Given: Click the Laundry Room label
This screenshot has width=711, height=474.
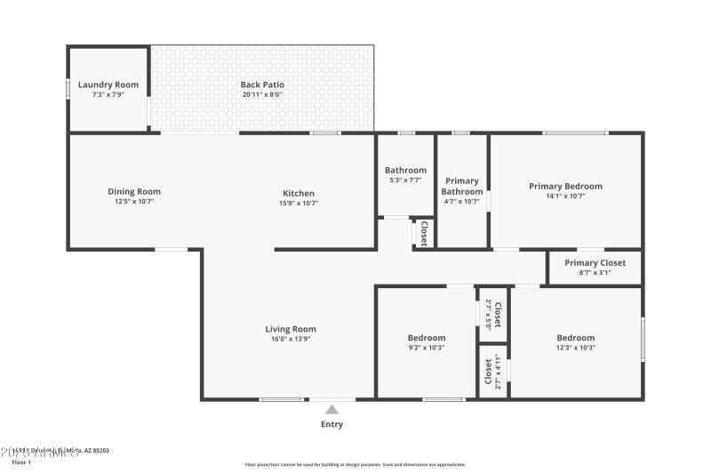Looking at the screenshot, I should tap(108, 85).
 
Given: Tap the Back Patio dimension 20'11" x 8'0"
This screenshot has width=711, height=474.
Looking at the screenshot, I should tap(262, 94).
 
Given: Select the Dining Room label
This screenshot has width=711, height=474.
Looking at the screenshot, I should tap(134, 191).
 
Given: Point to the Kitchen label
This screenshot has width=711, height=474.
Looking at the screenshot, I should tap(299, 193).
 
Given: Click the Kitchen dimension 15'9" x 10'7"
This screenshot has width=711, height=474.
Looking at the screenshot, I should tap(299, 203).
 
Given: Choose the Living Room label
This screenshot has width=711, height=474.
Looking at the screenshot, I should tap(291, 329).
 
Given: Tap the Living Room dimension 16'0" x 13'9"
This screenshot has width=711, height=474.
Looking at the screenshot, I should tap(291, 339).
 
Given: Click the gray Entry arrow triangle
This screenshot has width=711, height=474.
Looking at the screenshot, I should tap(332, 410).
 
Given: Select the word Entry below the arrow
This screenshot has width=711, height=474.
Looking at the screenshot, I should tap(332, 424).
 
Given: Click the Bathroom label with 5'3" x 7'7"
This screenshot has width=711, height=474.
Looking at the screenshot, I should tap(405, 170).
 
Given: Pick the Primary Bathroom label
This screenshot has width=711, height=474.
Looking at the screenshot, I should tap(462, 186).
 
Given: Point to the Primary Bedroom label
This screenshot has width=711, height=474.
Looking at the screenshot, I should tap(565, 186).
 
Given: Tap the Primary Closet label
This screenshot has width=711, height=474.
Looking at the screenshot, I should tap(595, 263).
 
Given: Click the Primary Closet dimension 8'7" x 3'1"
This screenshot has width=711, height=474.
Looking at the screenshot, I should tap(595, 273).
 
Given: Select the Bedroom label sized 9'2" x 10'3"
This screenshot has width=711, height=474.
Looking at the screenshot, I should tap(427, 338).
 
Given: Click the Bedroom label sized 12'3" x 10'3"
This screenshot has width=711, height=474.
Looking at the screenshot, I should tap(575, 338).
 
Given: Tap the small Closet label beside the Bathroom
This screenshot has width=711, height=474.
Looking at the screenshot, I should tap(424, 233).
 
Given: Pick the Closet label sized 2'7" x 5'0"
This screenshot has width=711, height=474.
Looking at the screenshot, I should tap(498, 315).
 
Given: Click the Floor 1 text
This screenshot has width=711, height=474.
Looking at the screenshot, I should tap(21, 462).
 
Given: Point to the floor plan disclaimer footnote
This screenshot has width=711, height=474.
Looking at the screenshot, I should tap(355, 464).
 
